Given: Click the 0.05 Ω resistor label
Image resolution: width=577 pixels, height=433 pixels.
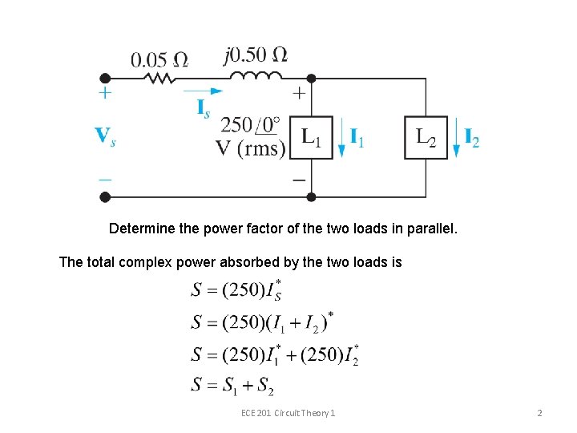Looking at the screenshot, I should coord(160,60).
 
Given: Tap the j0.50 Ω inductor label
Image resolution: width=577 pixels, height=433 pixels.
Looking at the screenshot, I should coord(256,55).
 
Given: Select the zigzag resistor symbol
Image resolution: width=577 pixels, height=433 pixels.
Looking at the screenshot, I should coord(160,79).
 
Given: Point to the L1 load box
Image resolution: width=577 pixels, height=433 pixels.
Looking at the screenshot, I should coord(312,138).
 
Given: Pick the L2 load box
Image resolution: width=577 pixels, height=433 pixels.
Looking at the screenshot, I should coord(426,138).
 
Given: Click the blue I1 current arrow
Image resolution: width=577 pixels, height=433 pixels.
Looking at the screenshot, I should coord(342,138).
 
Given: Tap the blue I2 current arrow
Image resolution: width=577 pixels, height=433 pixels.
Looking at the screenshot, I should coord(457,138).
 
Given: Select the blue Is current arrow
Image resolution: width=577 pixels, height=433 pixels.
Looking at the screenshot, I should coord(204,91).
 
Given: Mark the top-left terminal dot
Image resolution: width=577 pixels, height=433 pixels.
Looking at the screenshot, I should coord(105,79).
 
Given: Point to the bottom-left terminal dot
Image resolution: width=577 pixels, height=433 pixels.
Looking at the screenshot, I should coord(105,196).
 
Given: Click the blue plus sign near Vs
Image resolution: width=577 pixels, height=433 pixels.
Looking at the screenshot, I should coord(105,94).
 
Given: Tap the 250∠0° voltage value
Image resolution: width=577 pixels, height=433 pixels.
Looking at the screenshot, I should coord(250,125).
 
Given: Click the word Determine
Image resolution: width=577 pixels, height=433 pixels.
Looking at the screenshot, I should coord(138,229).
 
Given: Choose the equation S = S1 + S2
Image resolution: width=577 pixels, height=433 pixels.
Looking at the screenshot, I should coord(233,385).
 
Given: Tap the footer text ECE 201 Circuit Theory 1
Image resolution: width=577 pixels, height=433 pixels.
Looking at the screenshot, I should coord(288,412).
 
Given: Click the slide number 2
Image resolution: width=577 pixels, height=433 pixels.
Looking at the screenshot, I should coord(539,412).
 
